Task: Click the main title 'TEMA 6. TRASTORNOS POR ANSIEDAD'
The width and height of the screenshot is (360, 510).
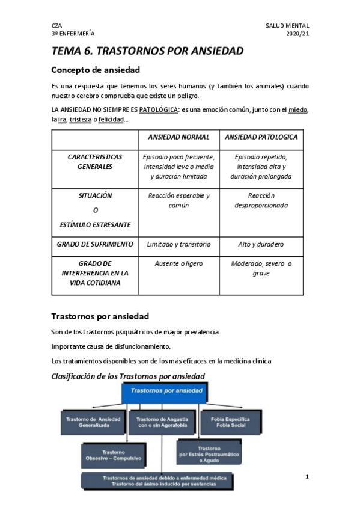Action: (147, 51)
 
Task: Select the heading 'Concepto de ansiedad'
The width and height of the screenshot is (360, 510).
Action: (96, 70)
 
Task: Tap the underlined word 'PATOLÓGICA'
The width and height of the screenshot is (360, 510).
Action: (159, 110)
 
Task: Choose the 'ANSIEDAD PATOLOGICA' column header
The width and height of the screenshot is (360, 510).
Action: (261, 137)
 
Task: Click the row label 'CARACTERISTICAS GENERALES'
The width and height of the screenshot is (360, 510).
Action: (95, 162)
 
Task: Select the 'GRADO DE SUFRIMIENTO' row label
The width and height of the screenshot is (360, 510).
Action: (95, 245)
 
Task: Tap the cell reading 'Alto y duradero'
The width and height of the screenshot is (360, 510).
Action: (261, 245)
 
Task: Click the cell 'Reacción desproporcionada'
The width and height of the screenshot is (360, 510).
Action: (261, 201)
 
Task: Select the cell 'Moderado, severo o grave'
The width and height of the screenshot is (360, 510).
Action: (261, 268)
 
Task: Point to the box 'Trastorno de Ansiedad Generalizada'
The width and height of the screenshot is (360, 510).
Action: (93, 422)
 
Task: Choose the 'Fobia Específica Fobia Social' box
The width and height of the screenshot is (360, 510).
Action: (230, 422)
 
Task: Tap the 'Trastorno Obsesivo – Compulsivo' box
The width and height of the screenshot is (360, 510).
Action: (113, 455)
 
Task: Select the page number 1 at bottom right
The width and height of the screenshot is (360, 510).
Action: (307, 477)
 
